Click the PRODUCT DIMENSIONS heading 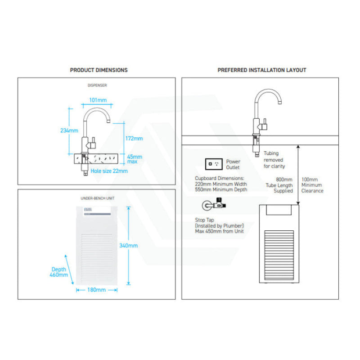pyautogui.click(x=99, y=70)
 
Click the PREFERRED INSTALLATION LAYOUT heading pyautogui.click(x=261, y=70)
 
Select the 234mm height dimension pyautogui.click(x=69, y=130)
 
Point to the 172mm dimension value pyautogui.click(x=134, y=139)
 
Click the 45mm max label pyautogui.click(x=135, y=159)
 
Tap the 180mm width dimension pyautogui.click(x=97, y=290)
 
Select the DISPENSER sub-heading pyautogui.click(x=97, y=85)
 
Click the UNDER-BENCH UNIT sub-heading pyautogui.click(x=97, y=198)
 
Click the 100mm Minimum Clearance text pyautogui.click(x=312, y=185)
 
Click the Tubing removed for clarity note pyautogui.click(x=274, y=160)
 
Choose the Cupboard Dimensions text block pyautogui.click(x=221, y=184)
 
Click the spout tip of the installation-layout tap pyautogui.click(x=279, y=103)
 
